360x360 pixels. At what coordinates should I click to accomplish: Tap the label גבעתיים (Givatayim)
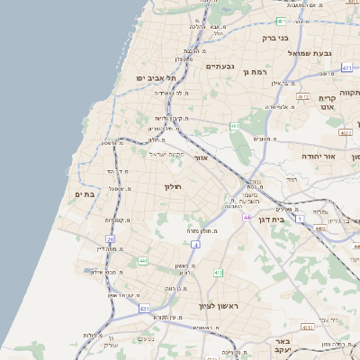coord(220,67)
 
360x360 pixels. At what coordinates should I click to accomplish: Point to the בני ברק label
coord(273,38)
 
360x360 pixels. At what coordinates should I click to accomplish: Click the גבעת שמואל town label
coord(311,54)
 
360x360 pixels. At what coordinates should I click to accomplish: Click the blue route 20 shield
coord(111,238)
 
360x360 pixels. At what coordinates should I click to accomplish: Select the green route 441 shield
coord(142,261)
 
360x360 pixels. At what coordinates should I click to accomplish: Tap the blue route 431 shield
coord(144,309)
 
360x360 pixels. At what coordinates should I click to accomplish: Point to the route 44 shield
coord(247,217)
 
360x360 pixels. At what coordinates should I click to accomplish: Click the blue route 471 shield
coord(347,67)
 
